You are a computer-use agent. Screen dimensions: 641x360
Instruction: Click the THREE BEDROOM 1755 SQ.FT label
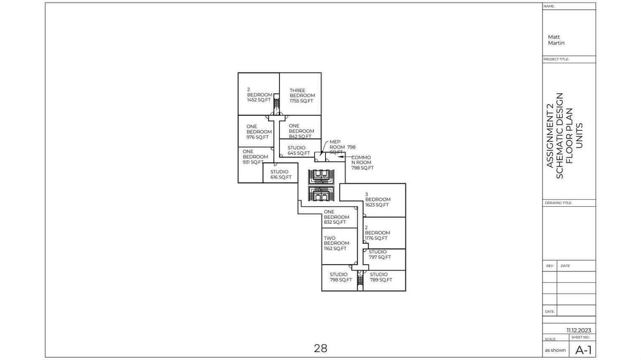click(x=302, y=96)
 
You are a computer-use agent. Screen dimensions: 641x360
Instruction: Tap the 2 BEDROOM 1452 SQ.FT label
click(x=259, y=95)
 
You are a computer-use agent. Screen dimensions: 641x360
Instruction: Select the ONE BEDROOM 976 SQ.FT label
click(x=259, y=132)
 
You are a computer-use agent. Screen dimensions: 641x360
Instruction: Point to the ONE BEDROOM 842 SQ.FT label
click(x=301, y=131)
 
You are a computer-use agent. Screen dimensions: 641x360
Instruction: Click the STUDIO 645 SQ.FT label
click(x=298, y=150)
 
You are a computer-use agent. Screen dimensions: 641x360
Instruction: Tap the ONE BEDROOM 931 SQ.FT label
click(x=255, y=157)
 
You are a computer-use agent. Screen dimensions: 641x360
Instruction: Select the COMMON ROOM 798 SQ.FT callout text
click(x=362, y=162)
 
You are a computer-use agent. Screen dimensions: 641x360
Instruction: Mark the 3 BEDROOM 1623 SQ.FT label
click(x=378, y=200)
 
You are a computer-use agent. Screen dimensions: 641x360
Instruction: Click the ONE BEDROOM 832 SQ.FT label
click(x=336, y=217)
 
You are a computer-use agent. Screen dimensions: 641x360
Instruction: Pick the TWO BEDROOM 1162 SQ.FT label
click(x=336, y=243)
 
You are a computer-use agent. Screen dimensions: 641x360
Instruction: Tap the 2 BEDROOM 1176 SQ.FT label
click(x=377, y=233)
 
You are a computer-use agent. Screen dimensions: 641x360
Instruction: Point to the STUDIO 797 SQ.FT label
click(x=379, y=254)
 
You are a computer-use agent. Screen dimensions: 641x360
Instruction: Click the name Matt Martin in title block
click(x=556, y=40)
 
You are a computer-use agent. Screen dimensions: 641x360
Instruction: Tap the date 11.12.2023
click(x=579, y=330)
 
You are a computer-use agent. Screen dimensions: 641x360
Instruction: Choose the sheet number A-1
click(x=583, y=350)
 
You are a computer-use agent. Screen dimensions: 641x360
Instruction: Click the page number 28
click(x=320, y=348)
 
